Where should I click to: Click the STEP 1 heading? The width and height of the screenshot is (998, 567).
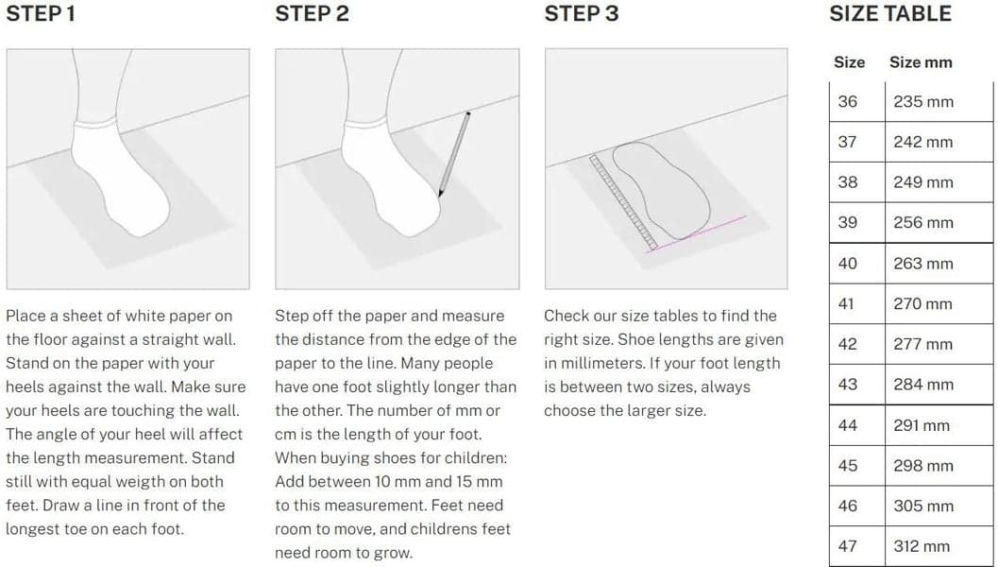tap(41, 14)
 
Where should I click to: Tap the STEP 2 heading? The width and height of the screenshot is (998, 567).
tap(312, 14)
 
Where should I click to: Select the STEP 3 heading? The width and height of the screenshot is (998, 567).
tap(581, 14)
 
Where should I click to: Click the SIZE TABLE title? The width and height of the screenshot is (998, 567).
tap(889, 14)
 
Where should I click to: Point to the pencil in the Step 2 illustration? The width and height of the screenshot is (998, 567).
tap(454, 153)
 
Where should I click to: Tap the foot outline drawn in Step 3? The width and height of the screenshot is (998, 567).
tap(661, 191)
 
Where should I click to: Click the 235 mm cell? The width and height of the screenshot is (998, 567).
tap(922, 102)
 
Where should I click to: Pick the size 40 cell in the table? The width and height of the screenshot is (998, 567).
tap(847, 264)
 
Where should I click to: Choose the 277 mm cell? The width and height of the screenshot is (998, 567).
tap(922, 345)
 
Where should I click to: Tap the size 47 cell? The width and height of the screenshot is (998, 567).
tap(847, 546)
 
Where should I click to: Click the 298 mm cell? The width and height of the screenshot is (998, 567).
tap(922, 466)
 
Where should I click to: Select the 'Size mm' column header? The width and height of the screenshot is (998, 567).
tap(921, 62)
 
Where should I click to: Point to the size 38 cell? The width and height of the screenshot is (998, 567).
tap(847, 182)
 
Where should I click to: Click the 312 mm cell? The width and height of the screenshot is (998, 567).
tap(922, 546)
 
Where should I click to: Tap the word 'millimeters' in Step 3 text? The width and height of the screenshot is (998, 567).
tap(593, 363)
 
